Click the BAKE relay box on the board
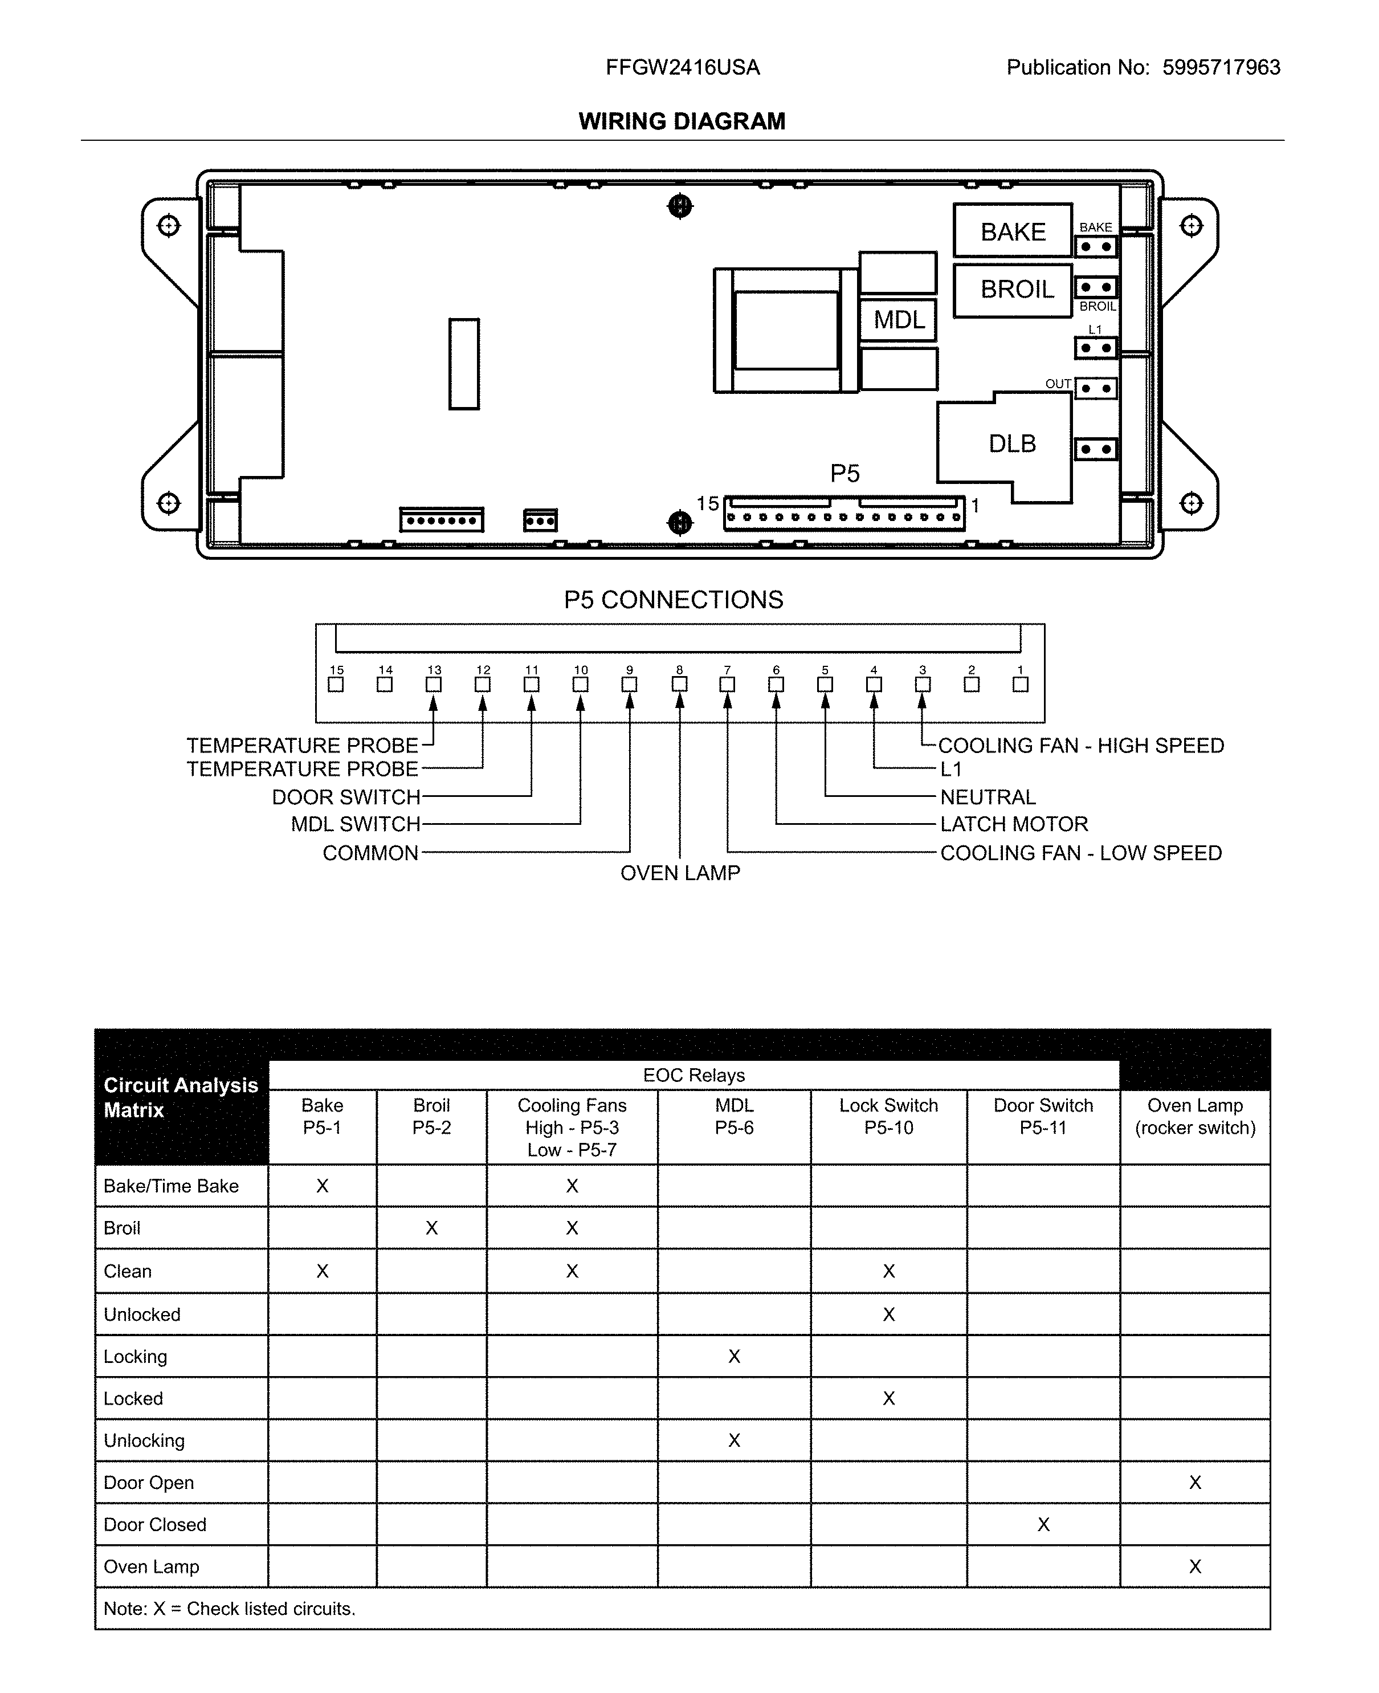(x=1013, y=231)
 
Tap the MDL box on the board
(x=899, y=319)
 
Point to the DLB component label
(x=1011, y=443)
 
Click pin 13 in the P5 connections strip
(x=434, y=684)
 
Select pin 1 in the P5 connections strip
(x=1020, y=684)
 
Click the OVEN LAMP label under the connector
(x=680, y=873)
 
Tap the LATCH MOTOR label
(x=1014, y=824)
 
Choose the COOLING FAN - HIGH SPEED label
(x=1080, y=745)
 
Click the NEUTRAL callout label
(x=988, y=797)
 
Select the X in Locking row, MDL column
(x=734, y=1356)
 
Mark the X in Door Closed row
(x=1043, y=1525)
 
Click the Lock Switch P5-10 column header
(x=888, y=1116)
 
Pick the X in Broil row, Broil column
(x=431, y=1228)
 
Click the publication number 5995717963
(x=1221, y=67)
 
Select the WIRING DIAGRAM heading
(x=682, y=121)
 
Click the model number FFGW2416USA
(x=682, y=67)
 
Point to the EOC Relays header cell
(x=693, y=1075)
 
